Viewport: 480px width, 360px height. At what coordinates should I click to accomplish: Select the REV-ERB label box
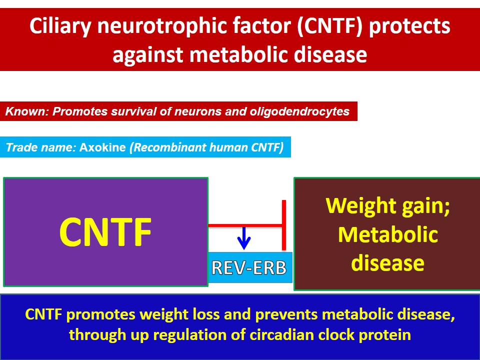tap(249, 268)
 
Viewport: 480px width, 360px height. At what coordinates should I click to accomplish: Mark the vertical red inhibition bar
tap(284, 225)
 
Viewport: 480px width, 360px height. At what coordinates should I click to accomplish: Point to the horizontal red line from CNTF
tap(245, 225)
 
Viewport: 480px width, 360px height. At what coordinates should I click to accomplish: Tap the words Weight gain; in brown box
tap(387, 205)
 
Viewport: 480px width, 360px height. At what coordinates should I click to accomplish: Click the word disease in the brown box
tap(387, 262)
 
